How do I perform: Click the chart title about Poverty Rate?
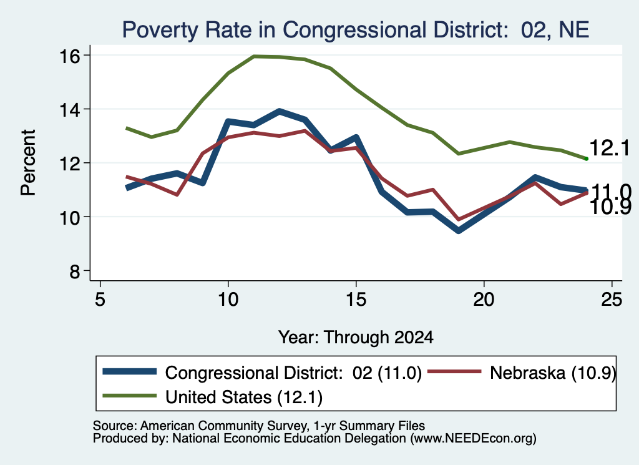(x=355, y=30)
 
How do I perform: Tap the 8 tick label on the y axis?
(x=75, y=271)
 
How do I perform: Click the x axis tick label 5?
(x=100, y=300)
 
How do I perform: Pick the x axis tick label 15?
(x=356, y=300)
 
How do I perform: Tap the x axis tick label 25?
(x=612, y=300)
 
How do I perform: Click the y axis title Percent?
(x=28, y=163)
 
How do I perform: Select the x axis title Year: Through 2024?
(x=356, y=338)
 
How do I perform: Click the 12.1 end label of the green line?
(x=609, y=147)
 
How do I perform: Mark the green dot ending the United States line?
(x=587, y=159)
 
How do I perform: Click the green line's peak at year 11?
(x=254, y=56)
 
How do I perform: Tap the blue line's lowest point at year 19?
(x=459, y=231)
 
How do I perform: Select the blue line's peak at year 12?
(x=279, y=111)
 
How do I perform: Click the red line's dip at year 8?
(x=177, y=194)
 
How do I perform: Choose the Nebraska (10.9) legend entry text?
(x=553, y=373)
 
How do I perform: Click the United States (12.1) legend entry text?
(x=244, y=397)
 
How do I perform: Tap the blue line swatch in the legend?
(x=130, y=371)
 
